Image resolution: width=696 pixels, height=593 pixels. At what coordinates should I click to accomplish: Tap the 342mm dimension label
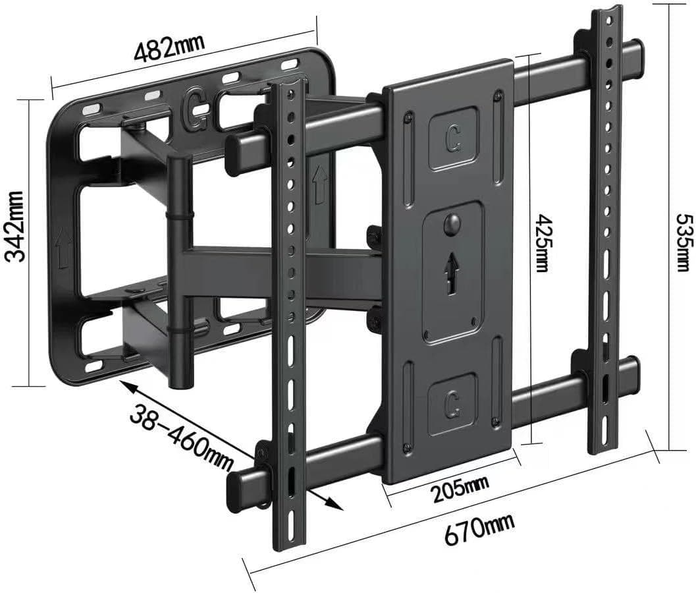(14, 226)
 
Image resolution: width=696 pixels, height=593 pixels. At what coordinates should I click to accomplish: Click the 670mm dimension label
(479, 529)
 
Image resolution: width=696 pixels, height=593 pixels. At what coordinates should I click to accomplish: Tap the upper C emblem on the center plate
(454, 138)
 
